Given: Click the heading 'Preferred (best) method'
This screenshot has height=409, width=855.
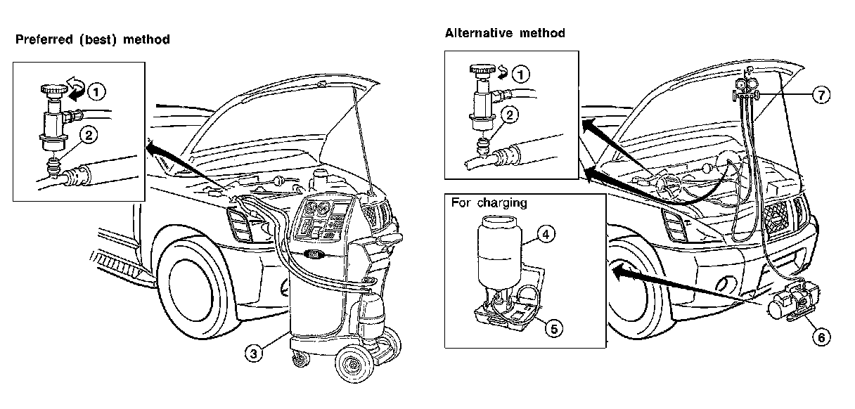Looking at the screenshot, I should [92, 39].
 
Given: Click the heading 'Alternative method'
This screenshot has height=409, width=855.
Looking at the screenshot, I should [504, 33].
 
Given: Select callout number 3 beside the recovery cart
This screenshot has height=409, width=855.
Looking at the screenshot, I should [253, 353].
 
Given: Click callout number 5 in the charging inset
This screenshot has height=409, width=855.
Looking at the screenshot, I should [555, 327].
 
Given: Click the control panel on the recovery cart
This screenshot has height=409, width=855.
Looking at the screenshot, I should [322, 220].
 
